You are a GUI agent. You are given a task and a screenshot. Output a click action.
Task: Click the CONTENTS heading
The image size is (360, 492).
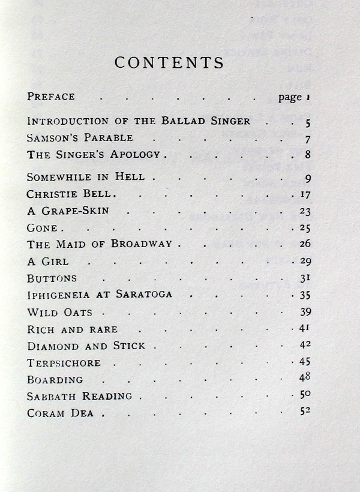[x=169, y=63]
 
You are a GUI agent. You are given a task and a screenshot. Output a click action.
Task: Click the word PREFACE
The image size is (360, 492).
[x=51, y=96]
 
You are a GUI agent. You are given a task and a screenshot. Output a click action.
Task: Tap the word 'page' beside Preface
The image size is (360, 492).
[x=290, y=97]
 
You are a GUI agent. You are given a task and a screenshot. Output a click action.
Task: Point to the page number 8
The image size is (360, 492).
[x=307, y=154]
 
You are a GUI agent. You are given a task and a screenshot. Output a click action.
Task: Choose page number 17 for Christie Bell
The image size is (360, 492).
[x=304, y=194]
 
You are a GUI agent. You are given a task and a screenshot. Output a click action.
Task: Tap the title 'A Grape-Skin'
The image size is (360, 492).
[x=68, y=211]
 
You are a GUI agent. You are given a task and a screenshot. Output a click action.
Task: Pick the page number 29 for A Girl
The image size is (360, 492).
[x=304, y=262]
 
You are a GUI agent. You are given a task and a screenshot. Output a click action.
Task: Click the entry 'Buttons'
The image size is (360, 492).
[x=52, y=278]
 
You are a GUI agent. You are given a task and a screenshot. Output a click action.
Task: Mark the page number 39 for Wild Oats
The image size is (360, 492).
[x=304, y=312]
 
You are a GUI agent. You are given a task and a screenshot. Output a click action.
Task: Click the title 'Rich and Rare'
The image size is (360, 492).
[x=72, y=329]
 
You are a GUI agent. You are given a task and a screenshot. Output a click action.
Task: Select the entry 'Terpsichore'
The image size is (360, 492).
[x=64, y=363]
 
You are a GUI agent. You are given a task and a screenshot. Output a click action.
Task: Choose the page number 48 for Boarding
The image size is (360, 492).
[x=304, y=378]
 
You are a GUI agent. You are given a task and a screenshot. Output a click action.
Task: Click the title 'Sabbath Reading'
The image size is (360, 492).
[x=80, y=397]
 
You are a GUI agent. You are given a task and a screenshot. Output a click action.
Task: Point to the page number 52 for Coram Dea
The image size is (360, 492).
[x=304, y=412]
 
